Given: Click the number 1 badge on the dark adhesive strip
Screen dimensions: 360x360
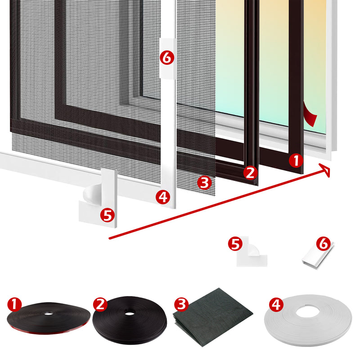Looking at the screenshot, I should (295, 161).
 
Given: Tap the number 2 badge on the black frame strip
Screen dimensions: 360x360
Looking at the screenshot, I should (251, 172).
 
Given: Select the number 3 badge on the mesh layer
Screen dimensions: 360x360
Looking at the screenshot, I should (204, 183).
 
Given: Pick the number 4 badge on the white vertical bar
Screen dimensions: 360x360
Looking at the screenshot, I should (163, 197).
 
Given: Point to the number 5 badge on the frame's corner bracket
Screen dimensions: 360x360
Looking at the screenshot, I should (107, 215).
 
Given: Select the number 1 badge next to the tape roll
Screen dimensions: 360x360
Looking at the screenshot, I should (15, 305).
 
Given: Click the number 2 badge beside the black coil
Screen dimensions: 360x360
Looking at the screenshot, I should (100, 305).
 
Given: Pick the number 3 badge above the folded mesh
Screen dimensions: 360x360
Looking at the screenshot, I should (181, 305).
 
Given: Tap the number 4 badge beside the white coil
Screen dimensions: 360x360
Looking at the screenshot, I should (276, 305).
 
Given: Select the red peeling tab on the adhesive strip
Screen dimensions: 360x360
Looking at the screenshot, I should (310, 115).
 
